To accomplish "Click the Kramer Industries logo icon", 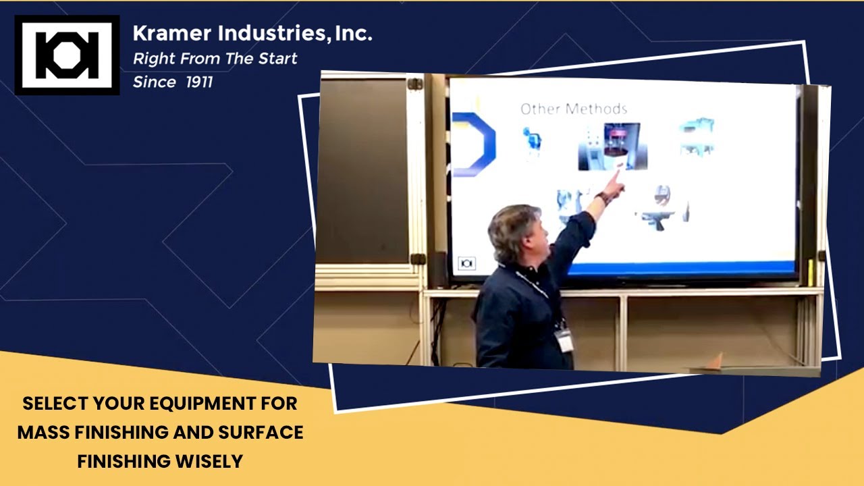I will click(67, 55).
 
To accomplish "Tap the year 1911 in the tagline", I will click(199, 82).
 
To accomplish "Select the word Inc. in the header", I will click(353, 32).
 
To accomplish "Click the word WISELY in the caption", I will click(208, 462).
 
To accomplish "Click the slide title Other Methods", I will click(573, 109).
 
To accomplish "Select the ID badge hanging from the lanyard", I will click(564, 340).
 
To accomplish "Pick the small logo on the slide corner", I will click(466, 263).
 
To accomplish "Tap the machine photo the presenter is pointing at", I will click(612, 146).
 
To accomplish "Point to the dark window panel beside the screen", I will click(362, 169).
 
